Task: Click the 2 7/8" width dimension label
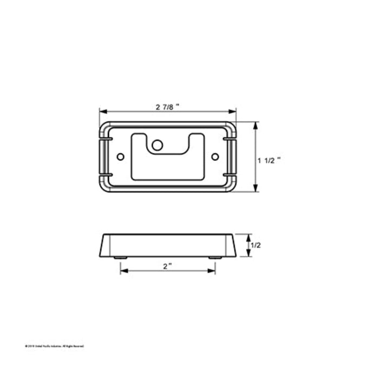[167, 107]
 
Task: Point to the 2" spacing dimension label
[167, 266]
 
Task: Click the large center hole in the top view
[158, 145]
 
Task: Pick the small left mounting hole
[120, 156]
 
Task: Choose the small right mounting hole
[215, 156]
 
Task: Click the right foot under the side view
[214, 258]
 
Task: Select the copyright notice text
[54, 345]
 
